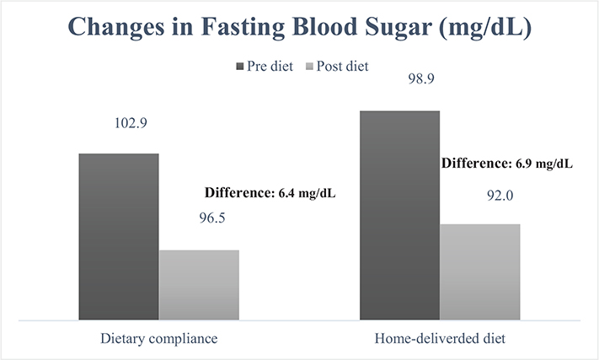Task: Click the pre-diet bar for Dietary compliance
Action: (x=119, y=237)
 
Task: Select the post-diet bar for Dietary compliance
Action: (x=199, y=285)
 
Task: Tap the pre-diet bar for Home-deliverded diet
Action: (x=399, y=215)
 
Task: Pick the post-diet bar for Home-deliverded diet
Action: (x=480, y=271)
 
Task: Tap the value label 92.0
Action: (x=480, y=192)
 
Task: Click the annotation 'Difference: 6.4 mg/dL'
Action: (x=270, y=193)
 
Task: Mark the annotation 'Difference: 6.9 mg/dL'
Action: (x=506, y=163)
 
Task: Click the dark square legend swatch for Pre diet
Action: (x=238, y=66)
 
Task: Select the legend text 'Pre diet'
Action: (x=267, y=66)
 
